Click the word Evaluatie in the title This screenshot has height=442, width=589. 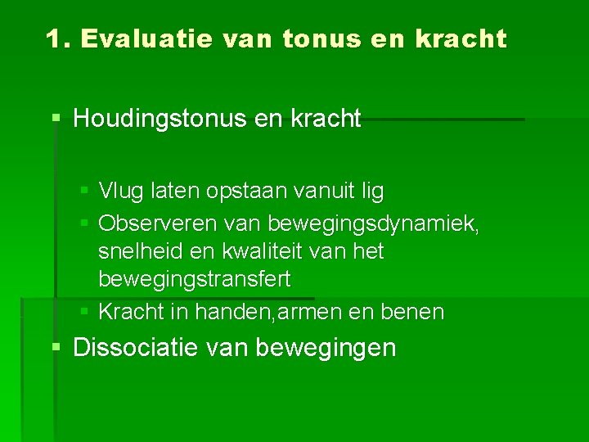[x=134, y=38]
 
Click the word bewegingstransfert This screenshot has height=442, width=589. [x=194, y=279]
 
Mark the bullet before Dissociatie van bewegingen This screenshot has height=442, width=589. [x=56, y=348]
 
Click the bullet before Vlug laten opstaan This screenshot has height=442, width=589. [x=86, y=192]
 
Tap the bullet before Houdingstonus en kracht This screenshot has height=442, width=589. [x=56, y=119]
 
